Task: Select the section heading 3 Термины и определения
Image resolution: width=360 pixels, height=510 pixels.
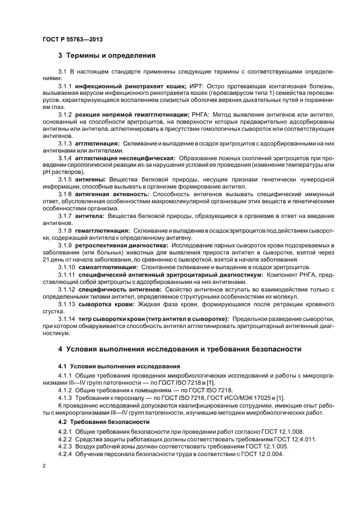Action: pyautogui.click(x=107, y=55)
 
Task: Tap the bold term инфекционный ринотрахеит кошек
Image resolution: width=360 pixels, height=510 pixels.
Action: pyautogui.click(x=131, y=86)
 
